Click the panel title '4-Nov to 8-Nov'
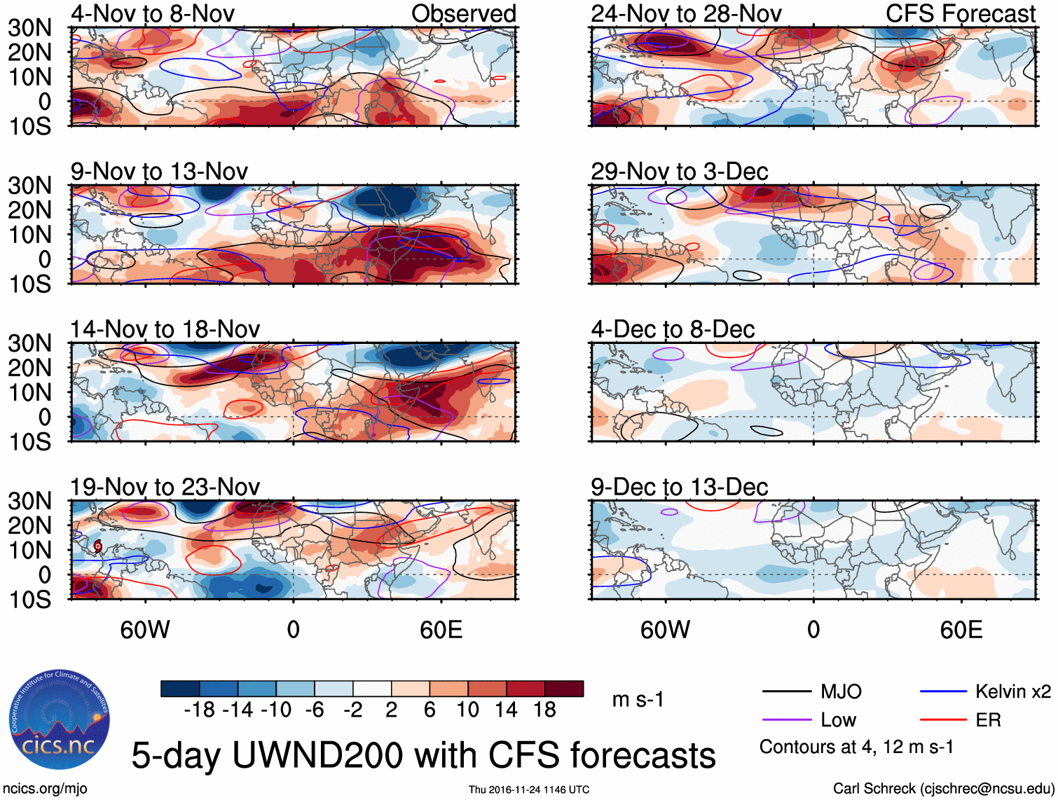(x=152, y=13)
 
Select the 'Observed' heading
(x=463, y=13)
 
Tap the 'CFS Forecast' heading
(x=960, y=13)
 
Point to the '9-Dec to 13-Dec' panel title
(x=679, y=486)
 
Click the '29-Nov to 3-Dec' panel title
(x=679, y=171)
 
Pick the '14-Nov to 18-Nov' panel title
(x=165, y=329)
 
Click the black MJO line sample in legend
(x=786, y=692)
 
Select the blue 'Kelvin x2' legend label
(x=1012, y=692)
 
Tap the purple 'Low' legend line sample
(x=786, y=720)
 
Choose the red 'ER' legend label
(x=988, y=720)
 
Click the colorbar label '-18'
(x=199, y=710)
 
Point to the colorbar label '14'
(x=506, y=710)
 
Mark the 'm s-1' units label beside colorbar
(x=638, y=699)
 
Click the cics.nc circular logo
(x=59, y=720)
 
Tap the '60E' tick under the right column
(x=961, y=630)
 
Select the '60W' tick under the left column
(x=145, y=630)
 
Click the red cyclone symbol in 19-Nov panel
(x=98, y=546)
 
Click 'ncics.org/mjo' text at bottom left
(x=45, y=789)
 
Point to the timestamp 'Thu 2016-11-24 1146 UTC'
(x=529, y=789)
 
